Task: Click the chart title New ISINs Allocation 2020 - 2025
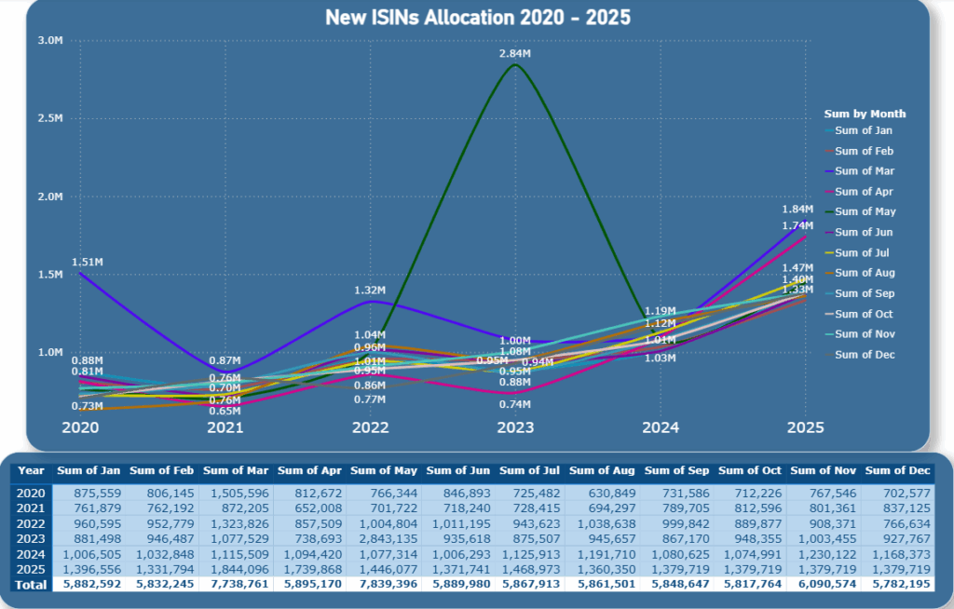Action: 477,18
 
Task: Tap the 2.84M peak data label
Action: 515,55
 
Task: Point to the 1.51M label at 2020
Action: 88,263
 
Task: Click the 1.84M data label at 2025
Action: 797,210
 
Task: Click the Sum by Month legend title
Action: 865,114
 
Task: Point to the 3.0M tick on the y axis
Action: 50,40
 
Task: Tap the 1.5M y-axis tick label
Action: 50,275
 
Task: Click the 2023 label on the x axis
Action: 515,427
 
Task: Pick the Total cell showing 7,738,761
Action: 238,583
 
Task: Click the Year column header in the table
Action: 31,470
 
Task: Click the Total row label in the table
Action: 31,583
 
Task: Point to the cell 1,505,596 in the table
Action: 238,493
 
